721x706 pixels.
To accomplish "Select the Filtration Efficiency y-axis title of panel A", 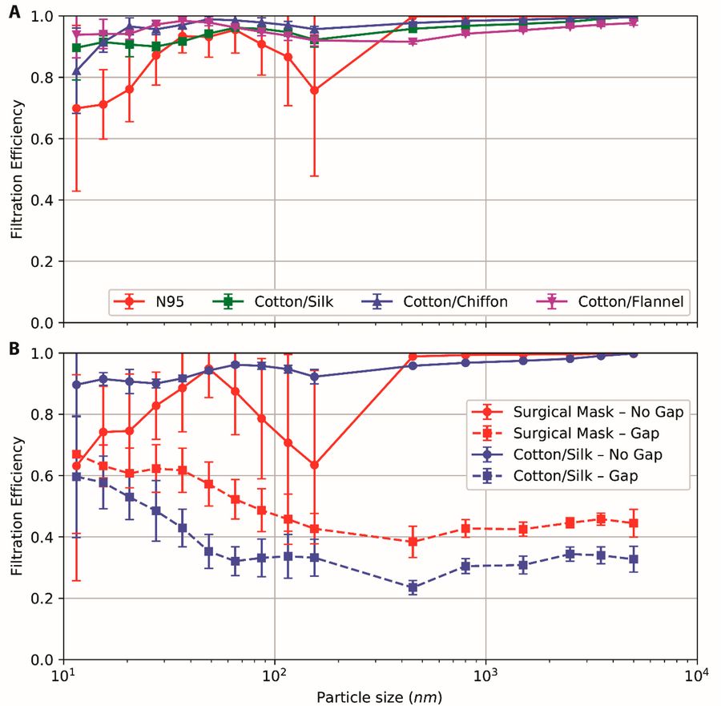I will tap(16, 169).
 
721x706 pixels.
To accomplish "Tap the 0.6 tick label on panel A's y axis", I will tap(46, 139).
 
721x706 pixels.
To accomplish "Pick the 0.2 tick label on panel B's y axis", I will tap(46, 599).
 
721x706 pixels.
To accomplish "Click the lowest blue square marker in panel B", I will tap(413, 587).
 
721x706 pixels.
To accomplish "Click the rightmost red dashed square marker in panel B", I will tap(634, 523).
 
